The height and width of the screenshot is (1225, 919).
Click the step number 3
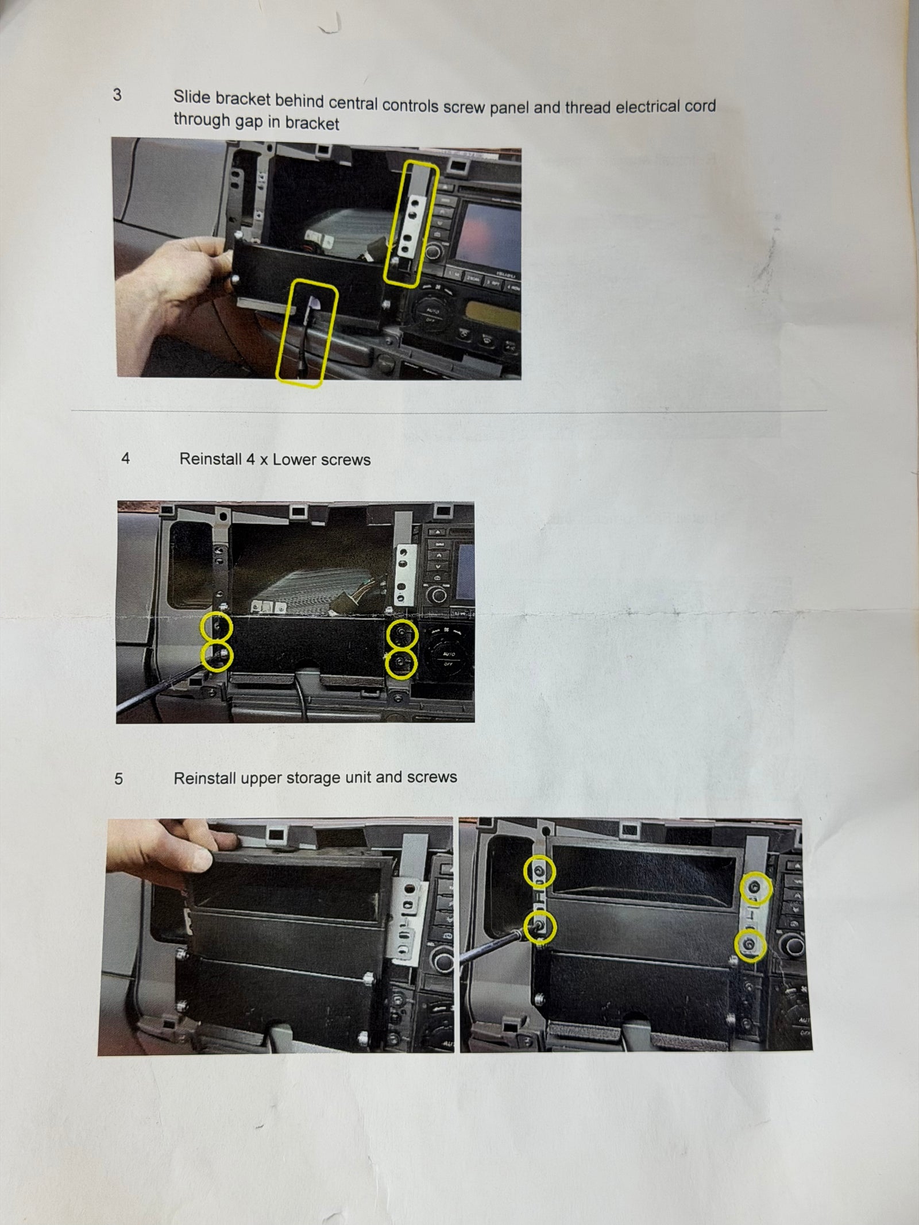pyautogui.click(x=117, y=95)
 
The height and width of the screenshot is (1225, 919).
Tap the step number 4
pyautogui.click(x=125, y=458)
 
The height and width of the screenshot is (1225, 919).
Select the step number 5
pyautogui.click(x=118, y=779)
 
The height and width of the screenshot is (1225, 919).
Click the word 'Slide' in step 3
pyautogui.click(x=192, y=97)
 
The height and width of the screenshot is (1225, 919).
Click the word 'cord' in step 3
pyautogui.click(x=700, y=106)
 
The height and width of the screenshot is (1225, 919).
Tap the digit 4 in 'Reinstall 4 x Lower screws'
pyautogui.click(x=252, y=459)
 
